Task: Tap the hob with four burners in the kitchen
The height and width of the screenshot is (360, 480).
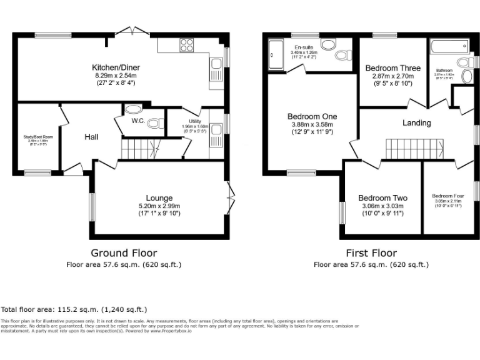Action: click(187, 44)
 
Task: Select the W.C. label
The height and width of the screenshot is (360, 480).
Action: click(138, 121)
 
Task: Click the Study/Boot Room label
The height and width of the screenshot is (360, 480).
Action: click(39, 136)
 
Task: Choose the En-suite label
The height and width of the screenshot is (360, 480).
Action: click(304, 47)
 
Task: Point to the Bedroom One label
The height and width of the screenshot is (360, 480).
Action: click(312, 116)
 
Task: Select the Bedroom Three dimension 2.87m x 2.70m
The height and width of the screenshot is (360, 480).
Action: click(392, 76)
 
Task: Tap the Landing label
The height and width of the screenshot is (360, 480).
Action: click(416, 122)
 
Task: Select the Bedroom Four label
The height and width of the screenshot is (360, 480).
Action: click(448, 196)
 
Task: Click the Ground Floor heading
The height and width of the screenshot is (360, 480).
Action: click(124, 253)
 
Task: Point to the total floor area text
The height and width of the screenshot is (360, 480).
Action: click(74, 309)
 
